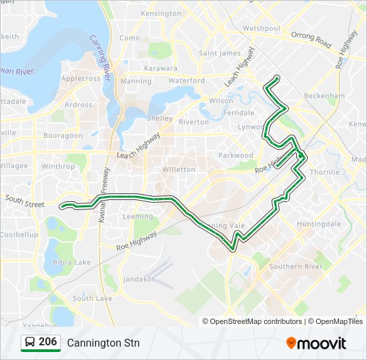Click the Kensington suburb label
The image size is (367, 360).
[x=161, y=13]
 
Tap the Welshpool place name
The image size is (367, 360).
[x=261, y=29]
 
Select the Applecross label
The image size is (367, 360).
[x=81, y=78]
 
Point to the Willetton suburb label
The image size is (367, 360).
[x=179, y=169]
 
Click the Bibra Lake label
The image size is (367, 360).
[x=73, y=262]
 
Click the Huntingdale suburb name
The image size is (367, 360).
[x=319, y=224]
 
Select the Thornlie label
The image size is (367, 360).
[x=325, y=171]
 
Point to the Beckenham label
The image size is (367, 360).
[x=324, y=96]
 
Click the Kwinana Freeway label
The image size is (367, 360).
[x=104, y=203]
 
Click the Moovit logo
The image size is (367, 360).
[x=316, y=343]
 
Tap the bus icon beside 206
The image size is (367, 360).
[x=30, y=342]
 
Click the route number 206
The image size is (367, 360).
[x=48, y=342]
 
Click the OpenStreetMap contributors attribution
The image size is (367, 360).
[x=252, y=321]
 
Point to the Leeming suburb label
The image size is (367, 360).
[x=137, y=217]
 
